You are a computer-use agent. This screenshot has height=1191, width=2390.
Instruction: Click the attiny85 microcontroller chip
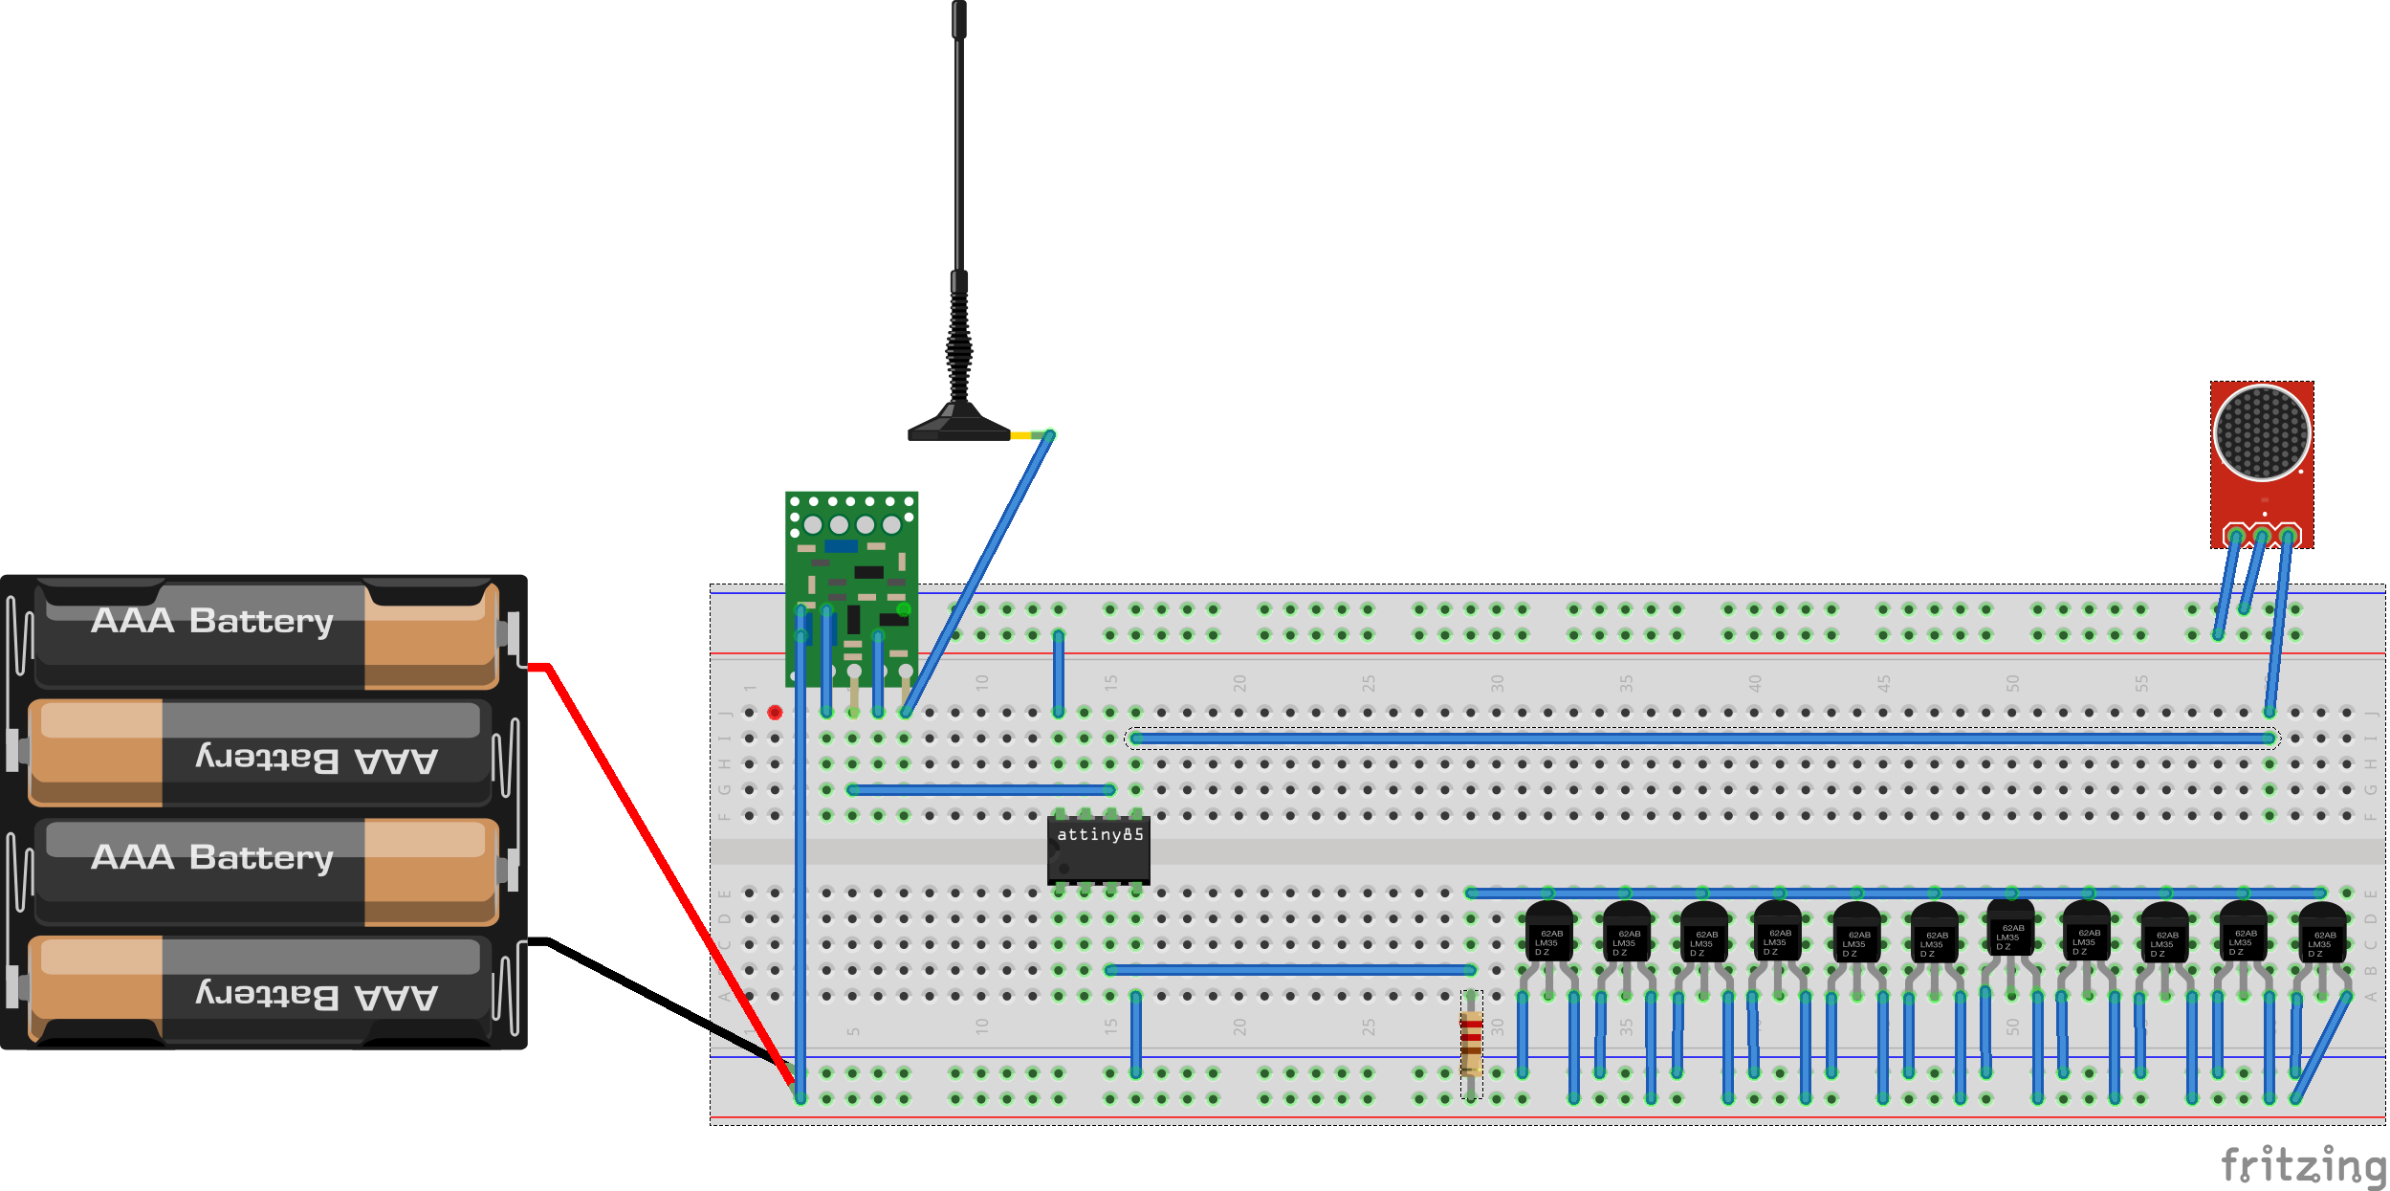point(1098,849)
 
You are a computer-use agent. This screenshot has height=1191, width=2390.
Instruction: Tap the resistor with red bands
point(1471,1042)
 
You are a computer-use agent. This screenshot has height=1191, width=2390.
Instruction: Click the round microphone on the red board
point(2262,432)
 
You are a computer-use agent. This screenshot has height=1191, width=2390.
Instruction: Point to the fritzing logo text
point(2303,1165)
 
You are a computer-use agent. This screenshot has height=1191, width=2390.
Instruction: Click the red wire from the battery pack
point(650,842)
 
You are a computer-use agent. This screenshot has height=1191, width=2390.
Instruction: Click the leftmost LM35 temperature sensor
point(1548,933)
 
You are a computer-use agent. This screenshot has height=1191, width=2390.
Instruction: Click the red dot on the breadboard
point(775,713)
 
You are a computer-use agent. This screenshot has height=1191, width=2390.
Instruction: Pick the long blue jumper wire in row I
point(1702,739)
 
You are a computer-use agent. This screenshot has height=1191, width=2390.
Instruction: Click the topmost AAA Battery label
point(212,621)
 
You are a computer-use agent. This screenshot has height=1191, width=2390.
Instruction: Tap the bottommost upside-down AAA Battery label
point(316,995)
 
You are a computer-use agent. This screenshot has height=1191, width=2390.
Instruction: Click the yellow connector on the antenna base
point(1020,435)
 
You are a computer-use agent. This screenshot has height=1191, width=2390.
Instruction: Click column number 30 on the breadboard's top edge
point(1497,683)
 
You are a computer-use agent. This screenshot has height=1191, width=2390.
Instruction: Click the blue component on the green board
point(841,546)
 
